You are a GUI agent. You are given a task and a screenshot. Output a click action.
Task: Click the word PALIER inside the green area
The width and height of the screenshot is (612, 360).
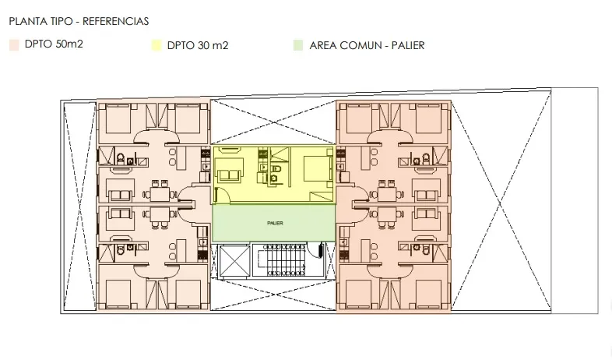tap(275, 223)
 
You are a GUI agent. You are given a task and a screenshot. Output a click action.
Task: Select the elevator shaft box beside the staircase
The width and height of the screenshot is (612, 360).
tap(234, 261)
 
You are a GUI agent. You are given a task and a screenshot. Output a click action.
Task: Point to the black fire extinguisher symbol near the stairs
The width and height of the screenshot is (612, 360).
tap(321, 249)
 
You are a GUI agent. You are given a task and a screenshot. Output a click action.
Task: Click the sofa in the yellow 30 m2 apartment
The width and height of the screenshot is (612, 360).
tap(228, 174)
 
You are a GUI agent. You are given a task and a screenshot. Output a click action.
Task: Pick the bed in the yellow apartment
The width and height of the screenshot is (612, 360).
tap(318, 168)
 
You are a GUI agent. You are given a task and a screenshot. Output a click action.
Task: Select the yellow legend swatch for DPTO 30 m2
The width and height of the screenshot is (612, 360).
tap(157, 45)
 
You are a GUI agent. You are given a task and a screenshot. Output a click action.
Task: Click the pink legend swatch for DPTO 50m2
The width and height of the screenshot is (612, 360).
tap(14, 45)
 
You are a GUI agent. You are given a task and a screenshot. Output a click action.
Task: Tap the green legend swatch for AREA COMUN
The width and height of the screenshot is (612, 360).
tap(298, 45)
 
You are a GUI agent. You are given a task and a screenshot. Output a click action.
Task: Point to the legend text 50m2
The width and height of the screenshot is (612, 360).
tap(69, 44)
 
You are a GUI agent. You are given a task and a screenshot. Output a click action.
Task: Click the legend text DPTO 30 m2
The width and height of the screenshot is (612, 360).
tap(198, 45)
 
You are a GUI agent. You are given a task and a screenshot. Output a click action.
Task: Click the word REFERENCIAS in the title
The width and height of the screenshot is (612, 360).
tap(115, 21)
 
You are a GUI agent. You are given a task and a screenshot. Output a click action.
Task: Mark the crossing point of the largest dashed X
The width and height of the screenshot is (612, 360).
tap(500, 202)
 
